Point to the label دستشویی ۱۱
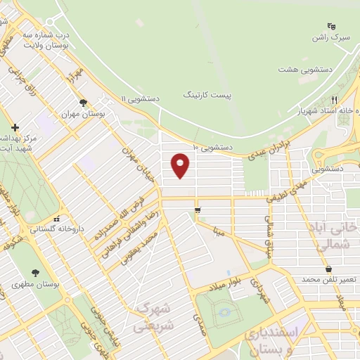[141, 100]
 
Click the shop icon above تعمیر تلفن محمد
[328, 269]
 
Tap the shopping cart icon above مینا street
[198, 210]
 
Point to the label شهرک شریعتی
[153, 317]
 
